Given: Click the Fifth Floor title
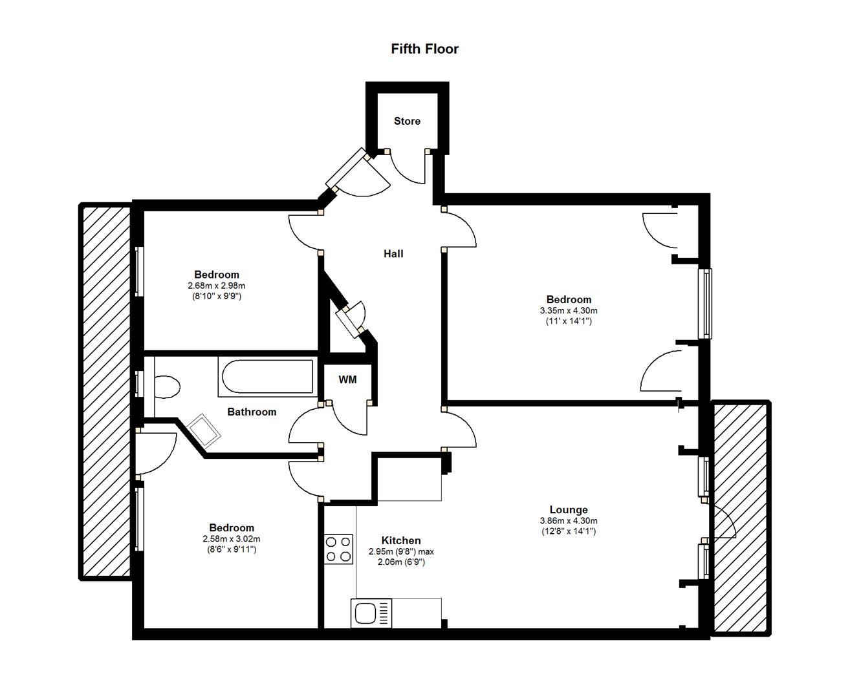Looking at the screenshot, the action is [424, 48].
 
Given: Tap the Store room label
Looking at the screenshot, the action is [407, 121].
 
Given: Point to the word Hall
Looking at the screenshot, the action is [393, 253].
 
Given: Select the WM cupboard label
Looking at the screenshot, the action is [347, 379].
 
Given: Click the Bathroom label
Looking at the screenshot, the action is [252, 412].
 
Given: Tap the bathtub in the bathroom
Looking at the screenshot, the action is [267, 376].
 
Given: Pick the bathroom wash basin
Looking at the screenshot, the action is [205, 430].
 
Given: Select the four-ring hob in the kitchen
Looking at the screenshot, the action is [338, 549].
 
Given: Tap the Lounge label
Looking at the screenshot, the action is [568, 510].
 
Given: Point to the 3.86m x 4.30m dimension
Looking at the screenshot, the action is [568, 521].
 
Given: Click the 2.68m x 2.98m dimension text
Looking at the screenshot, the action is [217, 286].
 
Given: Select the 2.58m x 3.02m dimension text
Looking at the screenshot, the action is [232, 539].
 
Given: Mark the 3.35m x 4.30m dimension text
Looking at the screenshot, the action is [568, 311].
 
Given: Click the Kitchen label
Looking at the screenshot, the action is [400, 540].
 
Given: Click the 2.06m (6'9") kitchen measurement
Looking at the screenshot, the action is [401, 562].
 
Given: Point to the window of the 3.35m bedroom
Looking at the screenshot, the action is [705, 304].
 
